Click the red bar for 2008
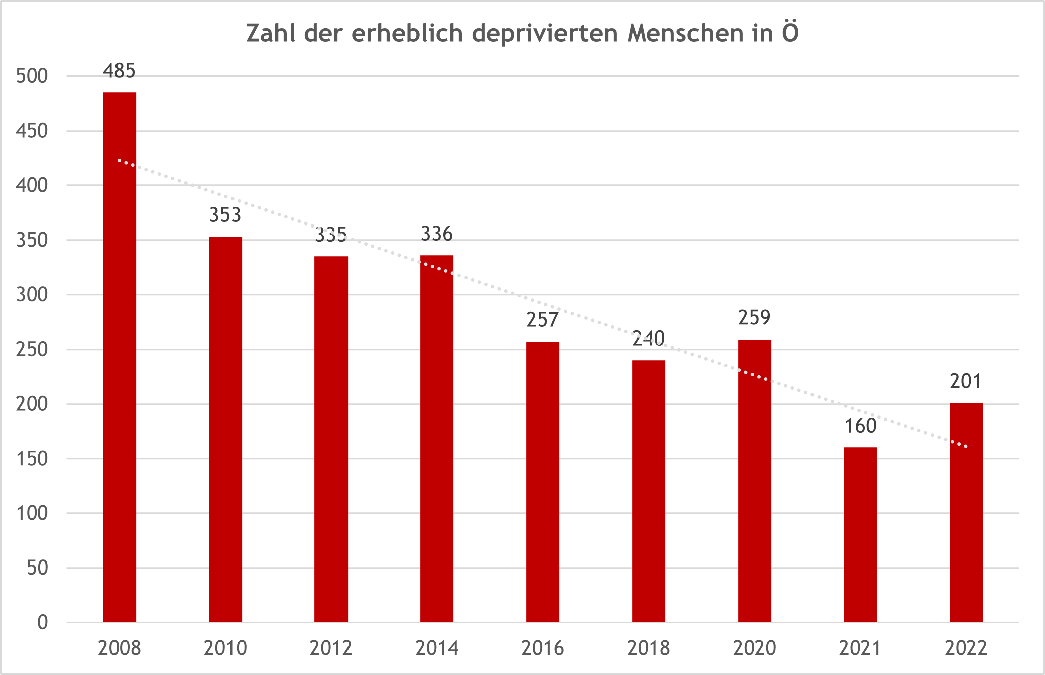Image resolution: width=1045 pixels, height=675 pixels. point(120,357)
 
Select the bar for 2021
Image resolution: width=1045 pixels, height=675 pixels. point(860,534)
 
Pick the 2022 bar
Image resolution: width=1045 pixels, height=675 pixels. point(966,512)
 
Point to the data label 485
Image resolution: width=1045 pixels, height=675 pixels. point(119,71)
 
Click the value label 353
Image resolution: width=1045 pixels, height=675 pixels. point(225,215)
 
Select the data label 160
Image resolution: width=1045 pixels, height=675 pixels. point(860,426)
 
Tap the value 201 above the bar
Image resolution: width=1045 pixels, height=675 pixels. point(965,381)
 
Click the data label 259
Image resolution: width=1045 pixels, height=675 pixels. point(754,317)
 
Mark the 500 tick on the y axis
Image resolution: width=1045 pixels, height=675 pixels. point(32,76)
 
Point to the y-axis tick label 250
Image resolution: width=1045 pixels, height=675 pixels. point(32,349)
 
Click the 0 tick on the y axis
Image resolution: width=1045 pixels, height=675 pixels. point(43,622)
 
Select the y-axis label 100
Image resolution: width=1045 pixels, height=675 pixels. point(32,513)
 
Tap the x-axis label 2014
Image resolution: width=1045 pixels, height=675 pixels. point(437,648)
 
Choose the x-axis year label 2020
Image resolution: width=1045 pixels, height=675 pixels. point(754,648)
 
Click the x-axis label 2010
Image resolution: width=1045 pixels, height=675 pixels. point(225,648)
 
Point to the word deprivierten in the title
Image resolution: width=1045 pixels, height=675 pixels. point(545,33)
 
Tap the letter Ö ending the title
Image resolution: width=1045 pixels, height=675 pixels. point(790,32)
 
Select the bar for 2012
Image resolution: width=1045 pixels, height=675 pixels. point(331,439)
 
